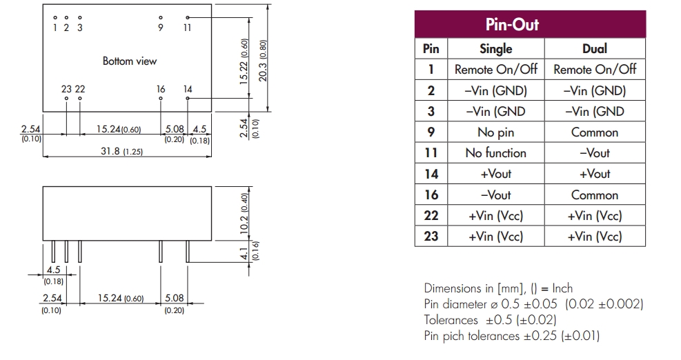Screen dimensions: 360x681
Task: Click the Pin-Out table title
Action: (530, 25)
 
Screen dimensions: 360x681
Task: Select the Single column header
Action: (495, 48)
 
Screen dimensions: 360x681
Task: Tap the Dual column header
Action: (595, 48)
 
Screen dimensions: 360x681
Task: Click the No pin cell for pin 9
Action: (495, 132)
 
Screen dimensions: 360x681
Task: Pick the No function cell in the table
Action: (495, 153)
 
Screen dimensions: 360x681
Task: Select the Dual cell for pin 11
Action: (595, 153)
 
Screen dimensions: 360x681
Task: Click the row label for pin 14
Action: (431, 174)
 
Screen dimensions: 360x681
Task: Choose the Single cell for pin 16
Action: (495, 194)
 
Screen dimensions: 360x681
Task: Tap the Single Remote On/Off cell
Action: (495, 70)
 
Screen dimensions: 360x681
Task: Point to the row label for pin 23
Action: (431, 237)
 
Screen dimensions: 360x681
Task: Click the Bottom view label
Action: (130, 61)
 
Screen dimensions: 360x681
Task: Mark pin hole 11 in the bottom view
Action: (188, 17)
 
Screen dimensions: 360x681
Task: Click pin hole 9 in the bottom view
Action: (161, 17)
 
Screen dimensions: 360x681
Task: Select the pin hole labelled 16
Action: (161, 99)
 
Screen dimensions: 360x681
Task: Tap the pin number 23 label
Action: (66, 89)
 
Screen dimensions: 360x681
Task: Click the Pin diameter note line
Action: (533, 304)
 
